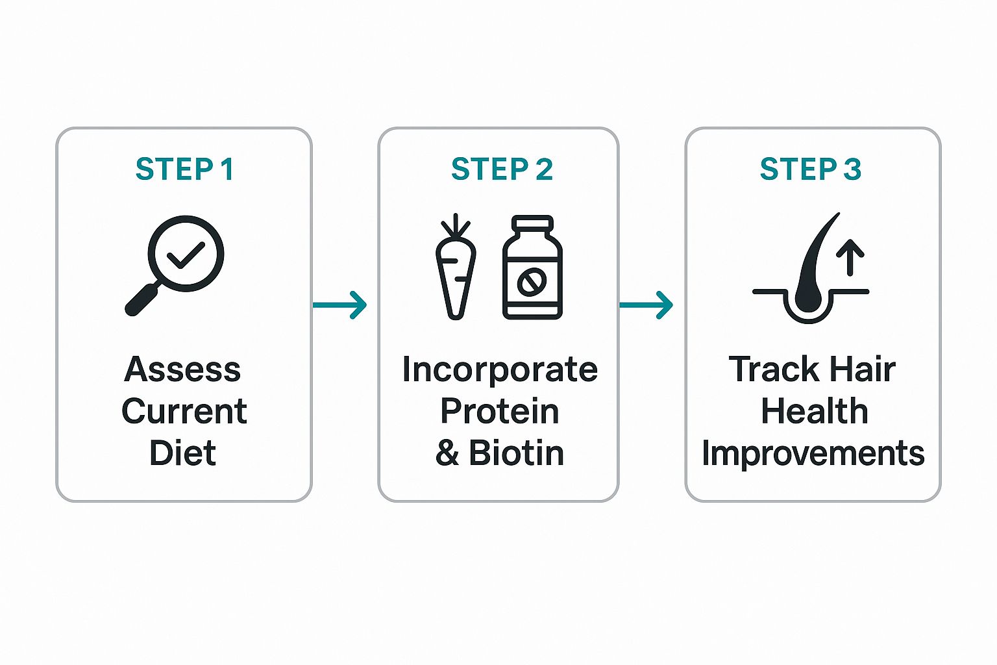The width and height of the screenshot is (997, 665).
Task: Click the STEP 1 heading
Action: [x=184, y=169]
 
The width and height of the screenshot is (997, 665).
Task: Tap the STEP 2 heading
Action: [x=502, y=169]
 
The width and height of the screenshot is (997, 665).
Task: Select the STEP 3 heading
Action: [x=811, y=169]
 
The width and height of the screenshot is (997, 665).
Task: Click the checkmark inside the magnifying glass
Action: [x=186, y=255]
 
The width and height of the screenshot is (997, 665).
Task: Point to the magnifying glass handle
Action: [x=141, y=300]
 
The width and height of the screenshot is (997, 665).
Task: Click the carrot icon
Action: [x=455, y=267]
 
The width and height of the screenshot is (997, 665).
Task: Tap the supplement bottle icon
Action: [x=532, y=268]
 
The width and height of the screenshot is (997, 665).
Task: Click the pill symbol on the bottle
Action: [x=532, y=281]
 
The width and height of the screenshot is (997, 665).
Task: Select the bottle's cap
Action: [x=532, y=223]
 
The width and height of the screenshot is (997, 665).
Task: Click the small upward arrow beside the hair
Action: [x=850, y=257]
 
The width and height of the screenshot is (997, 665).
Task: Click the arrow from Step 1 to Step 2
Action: [x=339, y=305]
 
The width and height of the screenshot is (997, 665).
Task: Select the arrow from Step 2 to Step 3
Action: [x=646, y=305]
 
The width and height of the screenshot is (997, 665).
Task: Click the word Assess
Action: [x=182, y=370]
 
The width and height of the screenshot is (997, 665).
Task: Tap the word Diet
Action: [x=183, y=453]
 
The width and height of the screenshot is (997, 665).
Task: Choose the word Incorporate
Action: [x=500, y=370]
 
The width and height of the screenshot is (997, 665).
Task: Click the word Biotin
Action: [x=516, y=453]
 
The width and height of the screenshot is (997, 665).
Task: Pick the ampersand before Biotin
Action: [x=447, y=453]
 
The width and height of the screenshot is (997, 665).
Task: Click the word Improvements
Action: [x=813, y=453]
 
